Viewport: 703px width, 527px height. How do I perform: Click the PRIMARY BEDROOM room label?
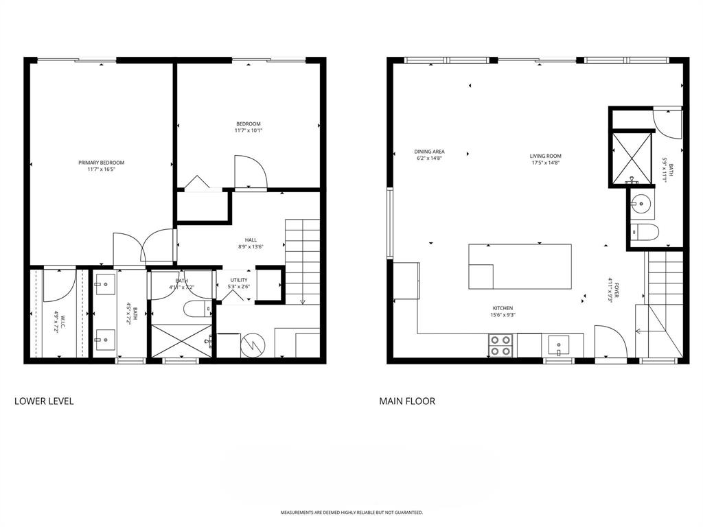point(101,163)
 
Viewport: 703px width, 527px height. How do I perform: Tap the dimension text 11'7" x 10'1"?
point(248,130)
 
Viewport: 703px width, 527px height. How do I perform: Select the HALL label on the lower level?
point(251,240)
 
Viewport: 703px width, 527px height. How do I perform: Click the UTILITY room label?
point(238,280)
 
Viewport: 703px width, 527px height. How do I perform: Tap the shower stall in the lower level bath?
point(182,340)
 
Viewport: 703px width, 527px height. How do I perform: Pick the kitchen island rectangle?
point(520,266)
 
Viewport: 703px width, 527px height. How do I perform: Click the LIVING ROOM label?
point(546,156)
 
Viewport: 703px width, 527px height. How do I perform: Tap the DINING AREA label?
point(429,151)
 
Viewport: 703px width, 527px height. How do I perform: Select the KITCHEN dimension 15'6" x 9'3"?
point(503,316)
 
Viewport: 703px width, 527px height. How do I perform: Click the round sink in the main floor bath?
point(641,202)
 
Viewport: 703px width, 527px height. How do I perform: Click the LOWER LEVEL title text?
point(44,401)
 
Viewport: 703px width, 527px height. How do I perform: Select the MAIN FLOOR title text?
point(407,401)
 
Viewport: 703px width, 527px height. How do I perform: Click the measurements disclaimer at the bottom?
point(351,513)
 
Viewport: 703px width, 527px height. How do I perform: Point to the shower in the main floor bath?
point(631,157)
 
